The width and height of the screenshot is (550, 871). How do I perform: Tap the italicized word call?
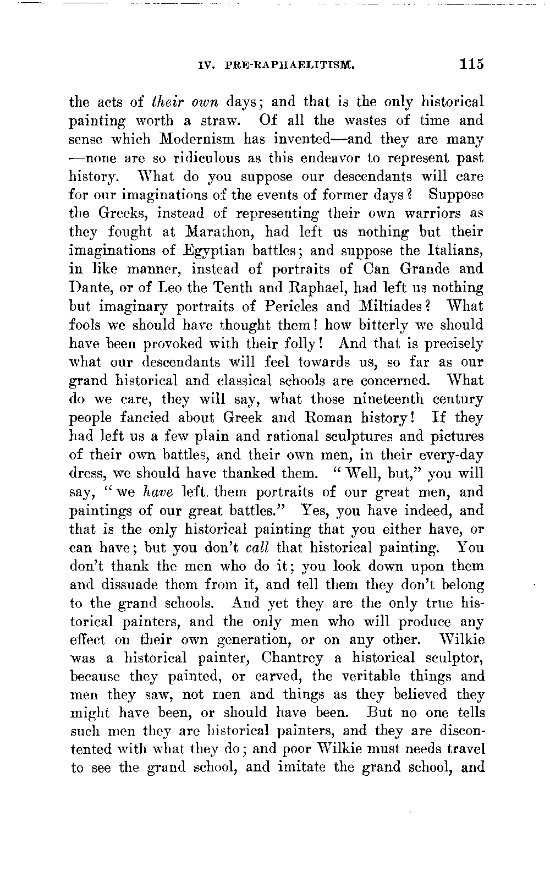pyautogui.click(x=256, y=548)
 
